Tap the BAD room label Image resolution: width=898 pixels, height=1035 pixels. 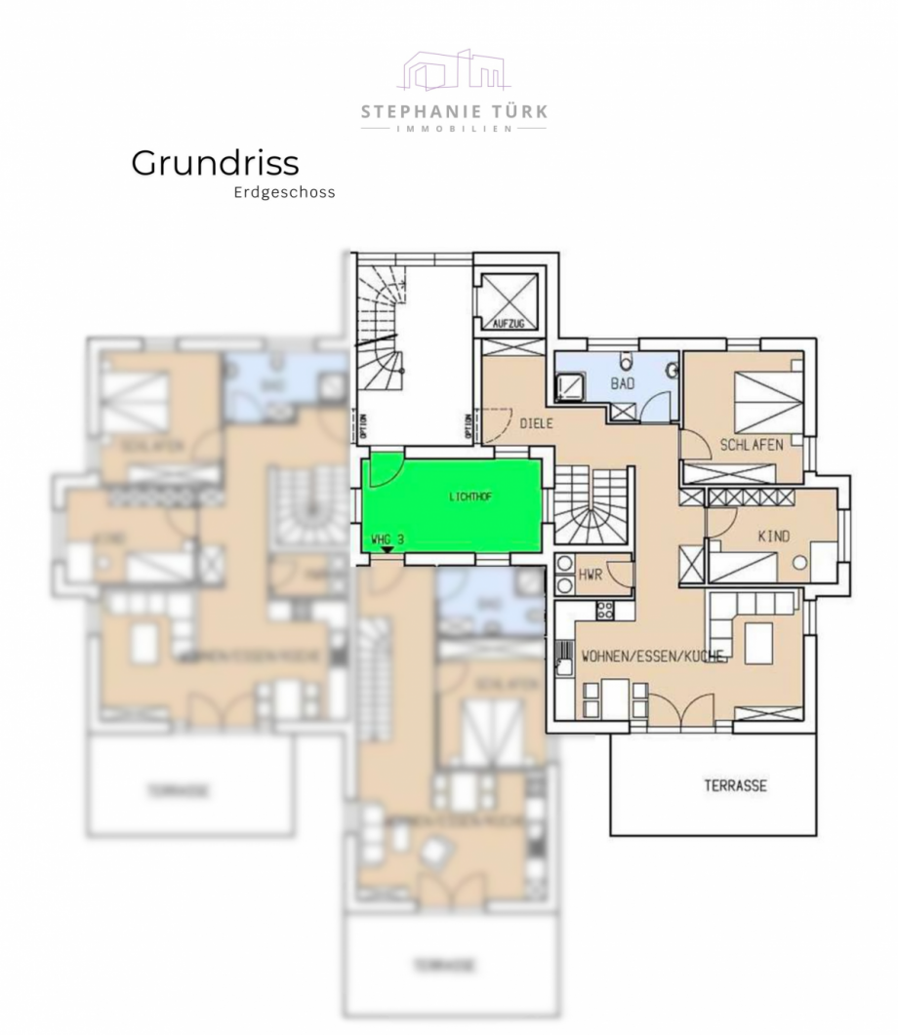tap(623, 383)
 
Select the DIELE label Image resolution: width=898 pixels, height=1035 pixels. tap(537, 424)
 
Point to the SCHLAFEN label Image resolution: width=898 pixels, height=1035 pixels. tap(752, 444)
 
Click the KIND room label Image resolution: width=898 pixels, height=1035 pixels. tap(773, 536)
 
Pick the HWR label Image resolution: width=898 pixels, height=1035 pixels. tap(590, 577)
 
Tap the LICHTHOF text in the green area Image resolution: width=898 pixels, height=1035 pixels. tap(470, 497)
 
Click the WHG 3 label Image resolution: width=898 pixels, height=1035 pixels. tap(388, 538)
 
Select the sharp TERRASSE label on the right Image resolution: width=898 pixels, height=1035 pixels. tap(735, 785)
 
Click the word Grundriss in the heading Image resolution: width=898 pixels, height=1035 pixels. tap(215, 163)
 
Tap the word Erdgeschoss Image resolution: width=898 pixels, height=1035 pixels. tap(284, 192)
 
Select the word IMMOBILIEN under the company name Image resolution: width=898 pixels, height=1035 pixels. tap(453, 129)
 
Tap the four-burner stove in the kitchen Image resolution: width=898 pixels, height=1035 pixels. tap(604, 610)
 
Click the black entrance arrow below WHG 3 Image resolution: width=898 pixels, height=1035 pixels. tap(388, 549)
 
